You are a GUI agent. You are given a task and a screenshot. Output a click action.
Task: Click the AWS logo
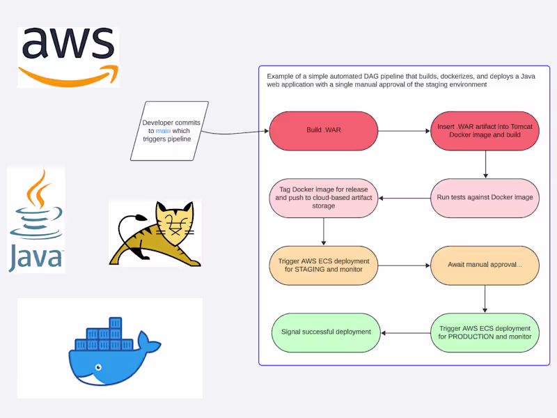[x=68, y=56]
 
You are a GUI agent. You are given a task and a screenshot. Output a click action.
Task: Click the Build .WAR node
[x=323, y=130]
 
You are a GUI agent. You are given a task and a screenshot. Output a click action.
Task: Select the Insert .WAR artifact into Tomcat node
[x=485, y=130]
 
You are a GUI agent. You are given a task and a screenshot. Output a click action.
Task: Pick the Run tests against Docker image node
[x=485, y=198]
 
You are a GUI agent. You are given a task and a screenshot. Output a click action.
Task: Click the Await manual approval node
[x=485, y=265]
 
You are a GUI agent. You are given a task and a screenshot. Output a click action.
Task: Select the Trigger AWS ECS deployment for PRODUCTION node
[x=485, y=332]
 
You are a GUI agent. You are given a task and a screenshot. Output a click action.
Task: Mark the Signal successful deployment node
[x=326, y=332]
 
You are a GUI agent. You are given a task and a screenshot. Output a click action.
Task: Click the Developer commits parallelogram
[x=166, y=131]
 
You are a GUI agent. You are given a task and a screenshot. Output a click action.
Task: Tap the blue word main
[x=163, y=131]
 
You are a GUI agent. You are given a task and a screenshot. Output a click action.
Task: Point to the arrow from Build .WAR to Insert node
[x=404, y=130]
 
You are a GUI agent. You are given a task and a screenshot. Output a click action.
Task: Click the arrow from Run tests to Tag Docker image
[x=404, y=198]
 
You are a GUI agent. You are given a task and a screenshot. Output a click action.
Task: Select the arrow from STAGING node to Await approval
[x=404, y=265]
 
